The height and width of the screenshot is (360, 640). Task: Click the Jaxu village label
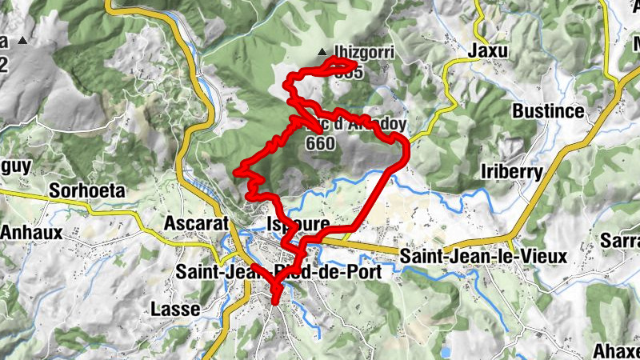490,50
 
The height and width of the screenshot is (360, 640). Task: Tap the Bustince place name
549,111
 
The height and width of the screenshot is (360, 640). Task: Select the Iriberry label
513,171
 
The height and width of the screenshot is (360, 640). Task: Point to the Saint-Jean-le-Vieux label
482,257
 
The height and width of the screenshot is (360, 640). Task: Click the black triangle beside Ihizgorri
322,53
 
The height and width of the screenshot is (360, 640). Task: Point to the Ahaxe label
616,350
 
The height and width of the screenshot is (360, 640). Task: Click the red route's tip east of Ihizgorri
354,62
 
